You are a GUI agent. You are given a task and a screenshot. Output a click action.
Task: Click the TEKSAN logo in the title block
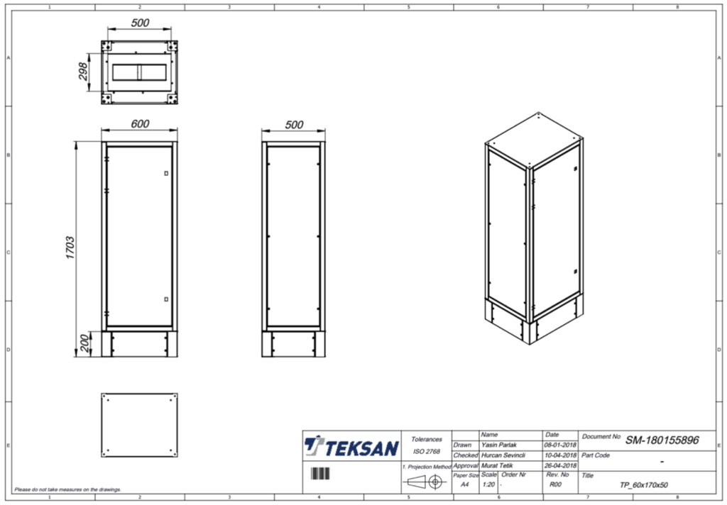coord(351,448)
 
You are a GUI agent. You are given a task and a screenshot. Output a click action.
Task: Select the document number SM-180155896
coord(662,440)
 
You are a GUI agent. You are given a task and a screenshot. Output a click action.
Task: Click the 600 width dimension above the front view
coord(140,124)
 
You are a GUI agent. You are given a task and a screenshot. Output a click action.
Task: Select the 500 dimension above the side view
coord(293,125)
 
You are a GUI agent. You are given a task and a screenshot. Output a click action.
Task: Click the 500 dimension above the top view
coord(140,23)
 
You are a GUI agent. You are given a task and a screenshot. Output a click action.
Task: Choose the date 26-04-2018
coord(560,465)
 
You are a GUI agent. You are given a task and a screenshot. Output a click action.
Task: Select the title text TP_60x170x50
coord(643,485)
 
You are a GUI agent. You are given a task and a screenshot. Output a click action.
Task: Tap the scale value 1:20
coord(488,484)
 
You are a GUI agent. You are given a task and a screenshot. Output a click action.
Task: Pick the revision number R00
coord(555,484)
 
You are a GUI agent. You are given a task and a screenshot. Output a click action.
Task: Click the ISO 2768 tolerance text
coord(426,451)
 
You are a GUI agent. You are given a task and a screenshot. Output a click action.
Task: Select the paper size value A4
coord(465,484)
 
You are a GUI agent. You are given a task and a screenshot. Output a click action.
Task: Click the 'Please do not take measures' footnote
coord(67,489)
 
